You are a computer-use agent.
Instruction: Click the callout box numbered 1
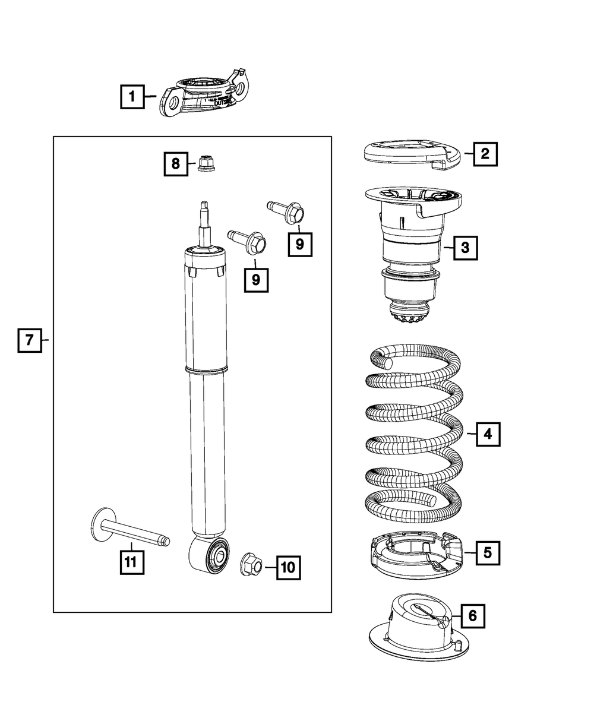click(x=132, y=96)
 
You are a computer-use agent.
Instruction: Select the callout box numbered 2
click(x=485, y=154)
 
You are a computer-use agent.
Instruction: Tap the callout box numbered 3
click(x=465, y=248)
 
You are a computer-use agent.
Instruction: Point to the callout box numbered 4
click(x=488, y=434)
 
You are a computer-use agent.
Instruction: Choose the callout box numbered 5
click(x=487, y=552)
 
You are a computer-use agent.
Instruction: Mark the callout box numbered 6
click(x=472, y=616)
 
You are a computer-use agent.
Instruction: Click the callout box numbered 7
click(x=29, y=340)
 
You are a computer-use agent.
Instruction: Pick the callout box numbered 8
click(x=176, y=163)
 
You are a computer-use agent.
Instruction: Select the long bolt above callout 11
click(x=128, y=529)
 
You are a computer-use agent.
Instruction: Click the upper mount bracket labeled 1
click(x=205, y=96)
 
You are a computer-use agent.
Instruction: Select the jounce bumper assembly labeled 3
click(x=410, y=249)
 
